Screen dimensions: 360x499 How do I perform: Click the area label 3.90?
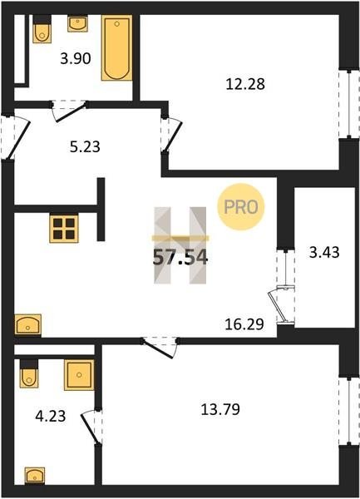point(76,58)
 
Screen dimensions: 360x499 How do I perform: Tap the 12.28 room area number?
point(245,84)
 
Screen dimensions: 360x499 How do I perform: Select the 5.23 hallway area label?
point(85,146)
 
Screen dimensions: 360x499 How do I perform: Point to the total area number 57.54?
point(180,257)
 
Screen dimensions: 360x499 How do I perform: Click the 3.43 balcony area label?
point(324,252)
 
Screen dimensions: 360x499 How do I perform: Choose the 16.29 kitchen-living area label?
point(244,324)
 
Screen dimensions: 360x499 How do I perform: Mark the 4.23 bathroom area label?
point(51,416)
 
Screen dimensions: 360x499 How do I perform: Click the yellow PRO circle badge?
point(241,207)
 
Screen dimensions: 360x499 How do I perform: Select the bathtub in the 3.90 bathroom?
point(117,48)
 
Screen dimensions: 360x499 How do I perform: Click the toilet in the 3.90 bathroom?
point(42,29)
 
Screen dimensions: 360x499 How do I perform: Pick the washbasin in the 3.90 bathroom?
point(77,24)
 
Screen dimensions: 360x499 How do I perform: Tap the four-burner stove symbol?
point(64,228)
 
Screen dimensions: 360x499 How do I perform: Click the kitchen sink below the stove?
point(28,324)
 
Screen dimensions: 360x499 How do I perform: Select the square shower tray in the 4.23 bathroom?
point(79,375)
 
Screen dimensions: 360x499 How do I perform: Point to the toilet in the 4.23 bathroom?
point(29,373)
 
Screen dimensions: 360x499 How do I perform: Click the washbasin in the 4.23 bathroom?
point(35,476)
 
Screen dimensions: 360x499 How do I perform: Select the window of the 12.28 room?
point(349,104)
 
